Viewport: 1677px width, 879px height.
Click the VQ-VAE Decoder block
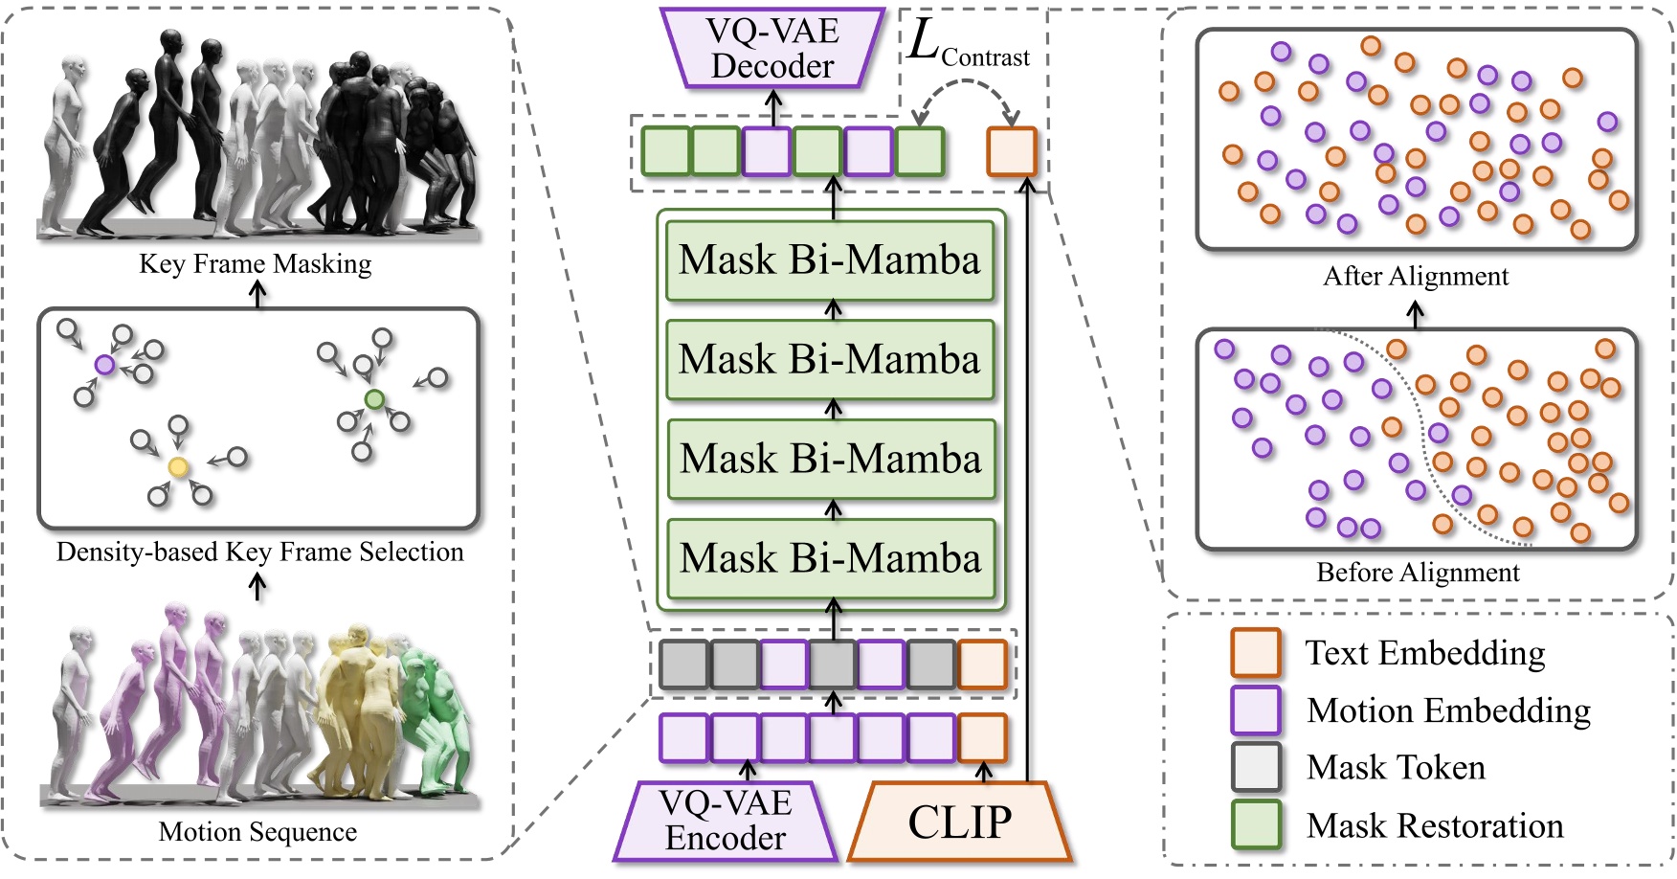tap(772, 48)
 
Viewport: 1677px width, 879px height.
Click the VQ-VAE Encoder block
tap(726, 821)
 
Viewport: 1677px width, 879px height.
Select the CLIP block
tap(959, 822)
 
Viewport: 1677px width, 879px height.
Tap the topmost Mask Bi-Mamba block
tap(830, 260)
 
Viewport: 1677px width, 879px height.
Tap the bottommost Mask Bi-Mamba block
tap(831, 558)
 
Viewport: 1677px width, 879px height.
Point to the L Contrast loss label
tap(967, 45)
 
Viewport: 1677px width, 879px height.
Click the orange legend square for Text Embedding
tap(1255, 653)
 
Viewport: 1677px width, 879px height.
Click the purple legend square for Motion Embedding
tap(1255, 710)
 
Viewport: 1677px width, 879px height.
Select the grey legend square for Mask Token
tap(1255, 767)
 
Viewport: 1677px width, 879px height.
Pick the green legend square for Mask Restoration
tap(1255, 824)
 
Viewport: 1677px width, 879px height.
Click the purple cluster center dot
tap(105, 365)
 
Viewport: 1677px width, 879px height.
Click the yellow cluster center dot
tap(178, 467)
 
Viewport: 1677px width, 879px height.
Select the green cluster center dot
tap(374, 399)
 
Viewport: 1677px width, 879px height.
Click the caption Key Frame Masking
tap(255, 264)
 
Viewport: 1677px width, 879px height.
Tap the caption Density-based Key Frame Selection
tap(259, 552)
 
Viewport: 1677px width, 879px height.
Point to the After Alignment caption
tap(1415, 277)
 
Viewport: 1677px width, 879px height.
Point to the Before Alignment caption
tap(1418, 573)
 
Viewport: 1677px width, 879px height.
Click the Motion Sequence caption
tap(257, 832)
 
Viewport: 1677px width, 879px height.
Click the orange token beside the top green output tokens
tap(1012, 151)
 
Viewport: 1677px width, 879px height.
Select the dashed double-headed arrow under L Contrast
tap(965, 86)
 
